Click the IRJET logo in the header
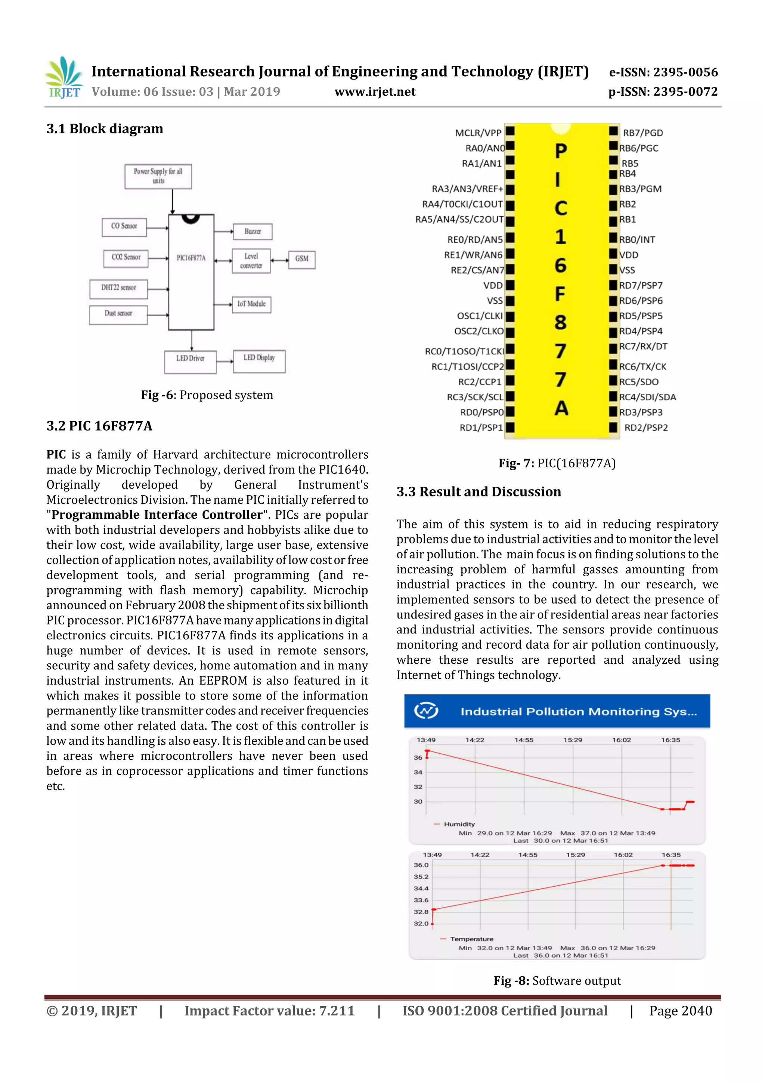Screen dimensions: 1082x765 pyautogui.click(x=64, y=78)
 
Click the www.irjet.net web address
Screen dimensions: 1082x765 pyautogui.click(x=375, y=92)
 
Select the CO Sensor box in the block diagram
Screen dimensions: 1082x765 pyautogui.click(x=124, y=227)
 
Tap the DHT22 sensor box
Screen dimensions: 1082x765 pyautogui.click(x=118, y=288)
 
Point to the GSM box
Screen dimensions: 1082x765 pyautogui.click(x=302, y=259)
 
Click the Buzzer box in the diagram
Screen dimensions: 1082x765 pyautogui.click(x=252, y=232)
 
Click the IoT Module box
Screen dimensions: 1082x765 pyautogui.click(x=251, y=304)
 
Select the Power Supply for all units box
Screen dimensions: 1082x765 pyautogui.click(x=158, y=176)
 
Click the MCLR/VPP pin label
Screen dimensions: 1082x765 pyautogui.click(x=478, y=133)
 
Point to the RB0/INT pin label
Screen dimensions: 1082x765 pyautogui.click(x=637, y=239)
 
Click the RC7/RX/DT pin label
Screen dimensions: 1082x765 pyautogui.click(x=643, y=346)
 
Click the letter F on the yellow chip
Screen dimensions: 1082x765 pyautogui.click(x=560, y=294)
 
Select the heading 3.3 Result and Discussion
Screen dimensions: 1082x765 pyautogui.click(x=478, y=492)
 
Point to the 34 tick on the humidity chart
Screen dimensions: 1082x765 pyautogui.click(x=418, y=772)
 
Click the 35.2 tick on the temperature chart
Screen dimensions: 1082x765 pyautogui.click(x=421, y=877)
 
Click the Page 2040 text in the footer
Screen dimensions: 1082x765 pyautogui.click(x=680, y=1010)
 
